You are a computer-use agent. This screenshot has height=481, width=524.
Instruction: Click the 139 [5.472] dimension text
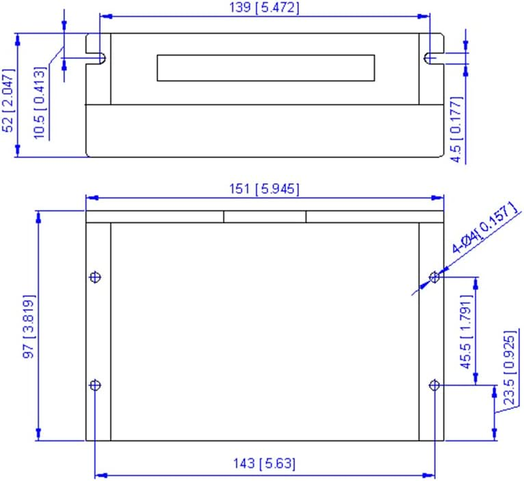point(265,8)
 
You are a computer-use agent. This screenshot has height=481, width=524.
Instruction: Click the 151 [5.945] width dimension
point(265,188)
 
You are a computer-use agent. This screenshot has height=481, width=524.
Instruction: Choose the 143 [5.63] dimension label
point(265,464)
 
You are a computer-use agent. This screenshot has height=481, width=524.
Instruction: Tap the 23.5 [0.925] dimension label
point(509,367)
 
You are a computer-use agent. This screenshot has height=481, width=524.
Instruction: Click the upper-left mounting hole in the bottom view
point(95,277)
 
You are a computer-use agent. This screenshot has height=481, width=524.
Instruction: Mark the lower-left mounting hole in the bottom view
point(95,385)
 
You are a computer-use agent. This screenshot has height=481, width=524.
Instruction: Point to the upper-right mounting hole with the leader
point(435,277)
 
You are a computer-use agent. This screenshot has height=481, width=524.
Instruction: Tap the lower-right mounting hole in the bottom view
point(435,385)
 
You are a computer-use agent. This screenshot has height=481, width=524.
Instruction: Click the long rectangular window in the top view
point(265,68)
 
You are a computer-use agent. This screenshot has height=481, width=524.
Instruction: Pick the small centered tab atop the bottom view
point(265,216)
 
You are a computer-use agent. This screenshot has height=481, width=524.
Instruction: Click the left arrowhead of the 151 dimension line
point(90,198)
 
